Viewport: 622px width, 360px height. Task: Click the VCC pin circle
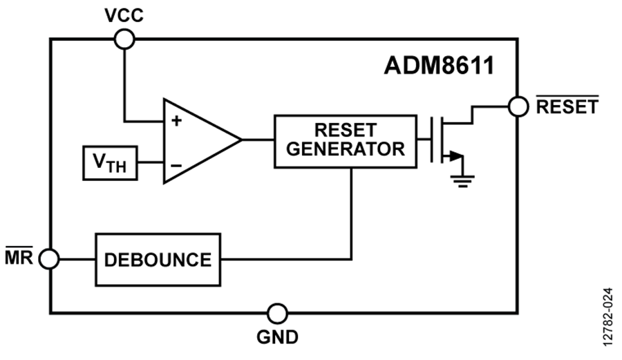coord(124,40)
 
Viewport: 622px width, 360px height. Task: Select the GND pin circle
coord(278,313)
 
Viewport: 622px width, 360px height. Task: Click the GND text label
coord(278,337)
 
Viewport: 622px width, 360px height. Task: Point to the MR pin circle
coord(49,260)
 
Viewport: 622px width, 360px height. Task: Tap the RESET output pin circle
coord(518,106)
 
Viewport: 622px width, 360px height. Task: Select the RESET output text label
coord(567,107)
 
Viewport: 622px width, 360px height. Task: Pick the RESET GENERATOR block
coord(346,140)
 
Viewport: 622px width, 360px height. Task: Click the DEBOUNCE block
coord(158,260)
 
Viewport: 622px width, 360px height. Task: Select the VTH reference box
coord(109,163)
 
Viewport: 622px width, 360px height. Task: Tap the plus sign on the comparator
coord(176,121)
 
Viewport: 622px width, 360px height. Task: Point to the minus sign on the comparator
coord(176,165)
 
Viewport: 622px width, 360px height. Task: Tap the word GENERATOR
coord(346,149)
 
